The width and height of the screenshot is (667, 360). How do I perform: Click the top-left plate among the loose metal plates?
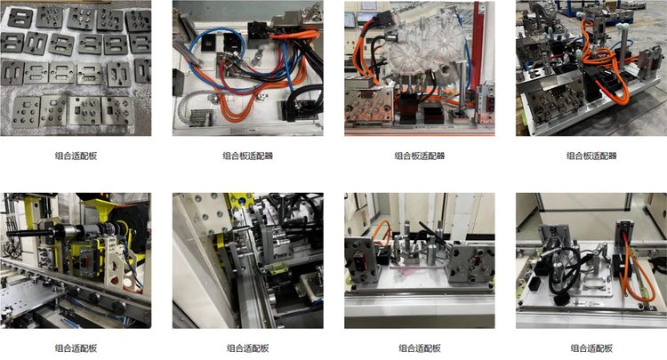point(20,18)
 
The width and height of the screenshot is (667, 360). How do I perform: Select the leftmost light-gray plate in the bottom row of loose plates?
point(27,112)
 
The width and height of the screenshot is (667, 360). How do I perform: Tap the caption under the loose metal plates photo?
point(76,156)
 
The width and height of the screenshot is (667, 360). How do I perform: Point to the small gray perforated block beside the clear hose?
point(199,117)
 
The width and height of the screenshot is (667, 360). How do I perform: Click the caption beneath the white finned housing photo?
point(420,156)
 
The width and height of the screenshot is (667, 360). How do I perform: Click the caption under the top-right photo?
point(591,156)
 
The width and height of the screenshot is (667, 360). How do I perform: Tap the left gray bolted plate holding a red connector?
point(361,260)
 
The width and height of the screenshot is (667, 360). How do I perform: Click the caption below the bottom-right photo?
point(591,348)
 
